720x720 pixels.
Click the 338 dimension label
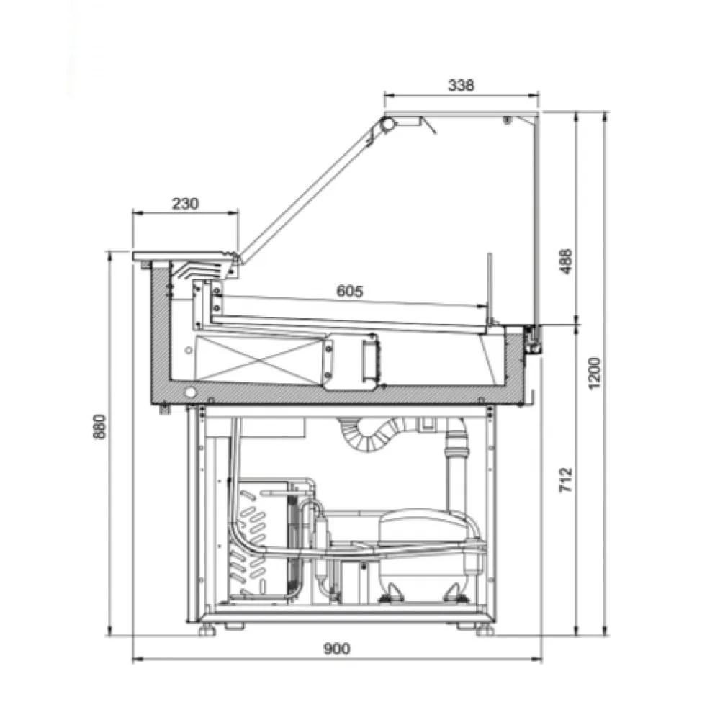coord(461,85)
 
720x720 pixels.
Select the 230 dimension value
coord(185,203)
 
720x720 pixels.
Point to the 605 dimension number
coord(350,291)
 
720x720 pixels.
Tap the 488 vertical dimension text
coord(566,261)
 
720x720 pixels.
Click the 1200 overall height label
coord(594,373)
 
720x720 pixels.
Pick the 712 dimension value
coord(566,480)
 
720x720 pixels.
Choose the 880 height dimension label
coord(99,426)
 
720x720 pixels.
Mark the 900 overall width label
coord(337,649)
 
